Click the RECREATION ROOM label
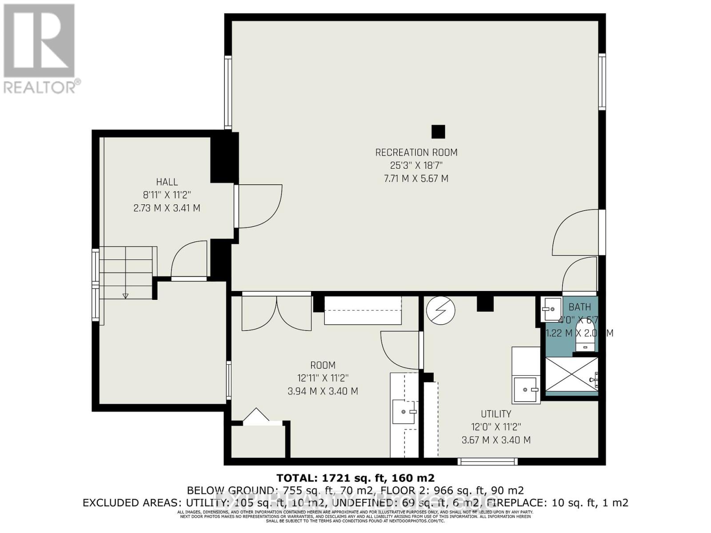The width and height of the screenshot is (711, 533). pyautogui.click(x=416, y=152)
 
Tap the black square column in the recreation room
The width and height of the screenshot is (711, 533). pyautogui.click(x=438, y=131)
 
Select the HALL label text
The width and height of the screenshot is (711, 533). pyautogui.click(x=167, y=182)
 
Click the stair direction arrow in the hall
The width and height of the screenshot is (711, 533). pyautogui.click(x=125, y=295)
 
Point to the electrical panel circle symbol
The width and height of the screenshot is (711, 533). pyautogui.click(x=441, y=310)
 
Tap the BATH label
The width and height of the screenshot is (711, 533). pyautogui.click(x=579, y=307)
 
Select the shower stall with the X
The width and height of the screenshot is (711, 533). pyautogui.click(x=571, y=374)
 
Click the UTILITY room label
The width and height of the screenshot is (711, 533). pyautogui.click(x=496, y=414)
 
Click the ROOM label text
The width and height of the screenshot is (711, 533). pyautogui.click(x=323, y=365)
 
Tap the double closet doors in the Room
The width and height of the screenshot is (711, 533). pyautogui.click(x=276, y=314)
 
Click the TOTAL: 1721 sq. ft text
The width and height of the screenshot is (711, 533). pyautogui.click(x=355, y=478)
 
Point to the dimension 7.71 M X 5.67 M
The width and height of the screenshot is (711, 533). pyautogui.click(x=416, y=179)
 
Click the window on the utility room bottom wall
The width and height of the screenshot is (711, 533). pyautogui.click(x=487, y=461)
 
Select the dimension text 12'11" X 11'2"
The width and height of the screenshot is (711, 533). pyautogui.click(x=323, y=378)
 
